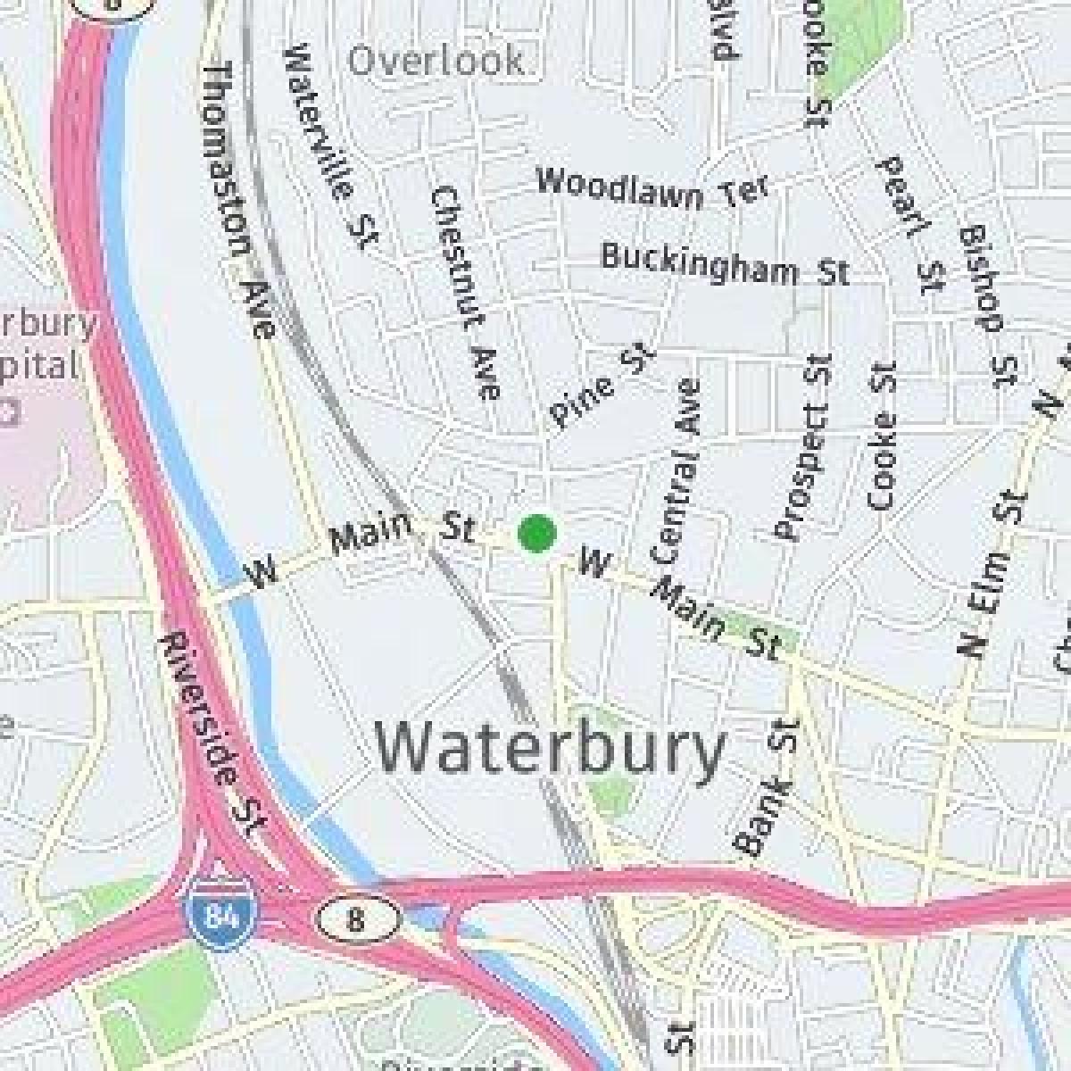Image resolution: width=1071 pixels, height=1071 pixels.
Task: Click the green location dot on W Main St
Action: click(x=537, y=533)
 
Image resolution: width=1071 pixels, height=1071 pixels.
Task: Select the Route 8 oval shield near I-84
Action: click(x=355, y=918)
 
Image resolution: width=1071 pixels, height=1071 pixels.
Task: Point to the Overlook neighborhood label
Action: click(x=436, y=62)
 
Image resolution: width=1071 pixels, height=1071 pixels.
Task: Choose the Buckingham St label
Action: click(x=724, y=264)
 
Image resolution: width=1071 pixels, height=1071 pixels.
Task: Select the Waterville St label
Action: click(x=332, y=147)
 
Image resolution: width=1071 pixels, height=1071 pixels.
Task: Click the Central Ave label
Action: click(x=675, y=472)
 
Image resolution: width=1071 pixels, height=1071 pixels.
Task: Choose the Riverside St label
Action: click(x=211, y=735)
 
